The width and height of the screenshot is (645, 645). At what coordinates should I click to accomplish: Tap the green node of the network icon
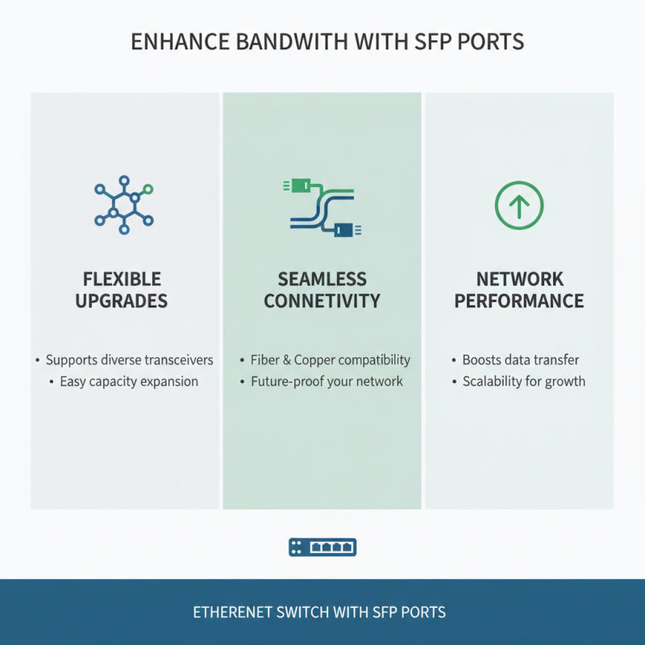[x=147, y=190]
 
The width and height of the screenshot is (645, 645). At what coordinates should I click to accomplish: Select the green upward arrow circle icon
[x=518, y=205]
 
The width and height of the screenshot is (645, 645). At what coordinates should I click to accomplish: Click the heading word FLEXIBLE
[x=123, y=280]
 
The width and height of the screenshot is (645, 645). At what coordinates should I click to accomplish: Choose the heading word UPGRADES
[x=123, y=302]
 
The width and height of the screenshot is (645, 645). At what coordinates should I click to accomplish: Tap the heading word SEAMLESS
[x=322, y=280]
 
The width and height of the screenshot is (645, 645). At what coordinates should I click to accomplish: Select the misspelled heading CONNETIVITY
[x=322, y=302]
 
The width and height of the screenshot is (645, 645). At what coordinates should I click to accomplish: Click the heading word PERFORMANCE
[x=518, y=302]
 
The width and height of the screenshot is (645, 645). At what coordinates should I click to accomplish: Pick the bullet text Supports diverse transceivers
[x=129, y=360]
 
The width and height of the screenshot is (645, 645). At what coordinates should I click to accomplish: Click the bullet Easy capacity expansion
[x=129, y=381]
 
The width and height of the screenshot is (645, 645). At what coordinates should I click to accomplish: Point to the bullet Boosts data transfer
[x=521, y=360]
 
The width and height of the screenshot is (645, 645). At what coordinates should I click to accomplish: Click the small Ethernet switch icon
[x=322, y=547]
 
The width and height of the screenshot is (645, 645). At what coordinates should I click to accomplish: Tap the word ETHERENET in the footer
[x=235, y=612]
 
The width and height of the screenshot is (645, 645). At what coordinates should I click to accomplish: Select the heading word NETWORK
[x=518, y=280]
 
